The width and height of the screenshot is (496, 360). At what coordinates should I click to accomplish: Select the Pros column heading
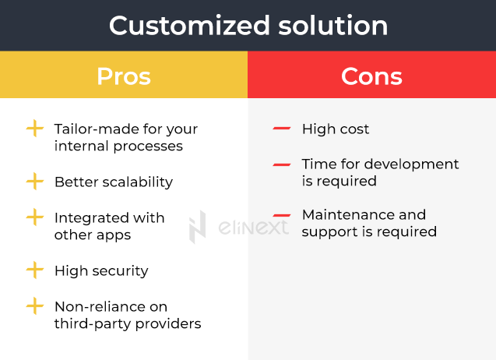123,76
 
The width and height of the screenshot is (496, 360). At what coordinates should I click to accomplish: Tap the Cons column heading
371,76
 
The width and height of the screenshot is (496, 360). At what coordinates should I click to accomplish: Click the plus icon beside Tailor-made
34,129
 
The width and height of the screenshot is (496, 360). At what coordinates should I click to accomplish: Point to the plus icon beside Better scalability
34,182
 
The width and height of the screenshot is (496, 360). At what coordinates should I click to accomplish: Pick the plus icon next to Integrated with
34,217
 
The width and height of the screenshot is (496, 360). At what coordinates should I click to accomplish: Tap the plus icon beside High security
34,270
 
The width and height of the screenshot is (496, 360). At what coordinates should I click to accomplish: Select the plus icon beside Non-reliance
34,306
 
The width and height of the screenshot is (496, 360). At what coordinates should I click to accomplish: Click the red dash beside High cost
282,129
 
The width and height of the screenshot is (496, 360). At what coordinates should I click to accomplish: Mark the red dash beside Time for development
282,164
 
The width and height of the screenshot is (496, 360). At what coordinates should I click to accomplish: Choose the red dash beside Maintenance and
282,214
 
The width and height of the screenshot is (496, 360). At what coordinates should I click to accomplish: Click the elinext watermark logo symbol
198,226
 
